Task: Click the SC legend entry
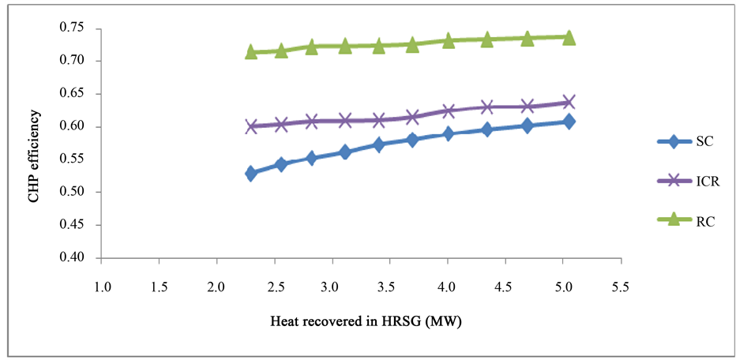click(685, 141)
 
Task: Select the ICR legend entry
click(685, 181)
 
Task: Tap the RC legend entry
click(685, 221)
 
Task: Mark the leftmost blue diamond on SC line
click(251, 174)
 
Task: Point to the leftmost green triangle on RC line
click(251, 52)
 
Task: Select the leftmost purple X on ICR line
click(251, 126)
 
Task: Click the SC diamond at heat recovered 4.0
click(448, 134)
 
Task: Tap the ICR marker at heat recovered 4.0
click(448, 111)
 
